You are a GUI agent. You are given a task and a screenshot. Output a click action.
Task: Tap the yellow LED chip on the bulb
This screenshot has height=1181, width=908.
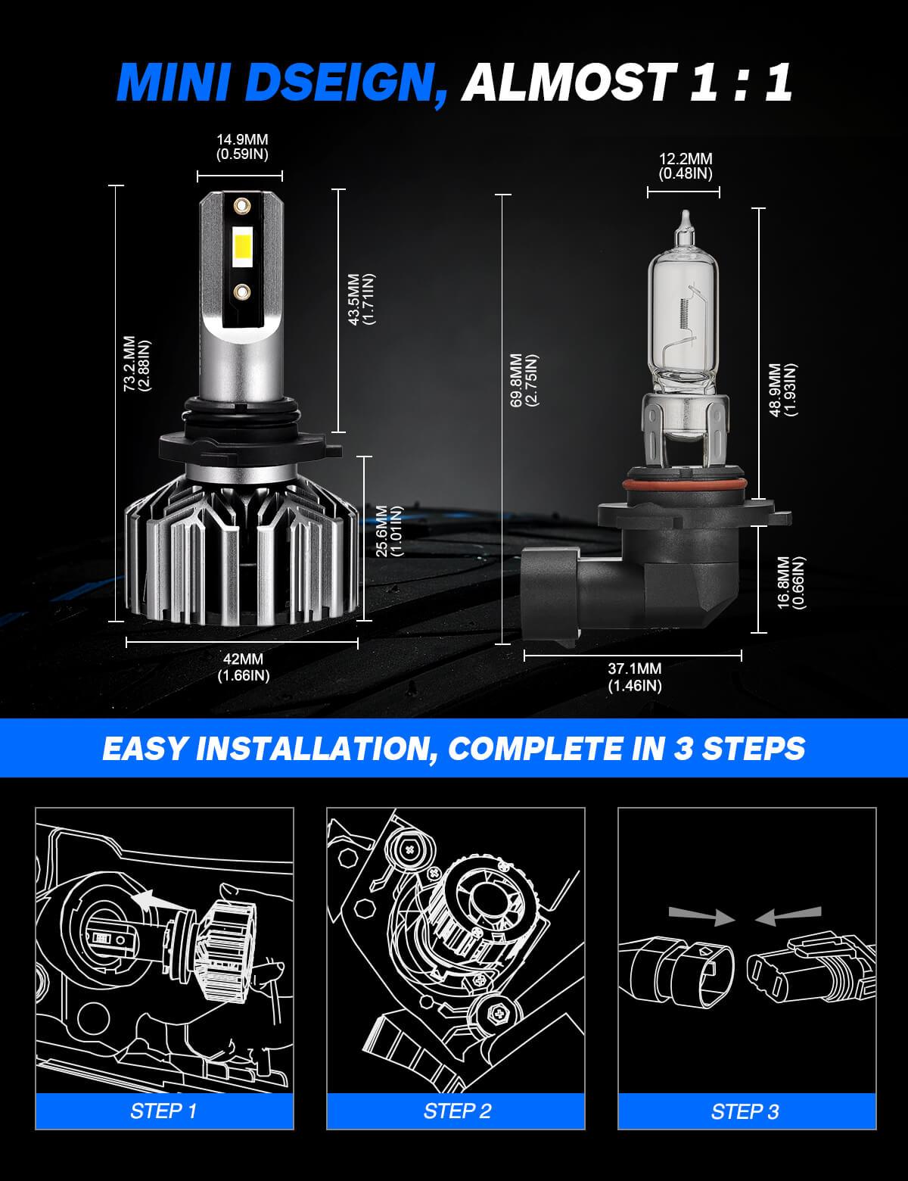242,247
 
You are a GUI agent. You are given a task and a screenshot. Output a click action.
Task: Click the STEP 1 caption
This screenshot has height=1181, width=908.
163,1111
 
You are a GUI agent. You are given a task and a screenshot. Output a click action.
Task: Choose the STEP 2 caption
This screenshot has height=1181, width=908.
456,1111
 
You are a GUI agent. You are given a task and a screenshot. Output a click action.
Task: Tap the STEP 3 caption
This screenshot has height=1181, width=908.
745,1111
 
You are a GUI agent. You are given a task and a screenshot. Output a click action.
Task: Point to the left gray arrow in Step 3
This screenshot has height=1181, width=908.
700,915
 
